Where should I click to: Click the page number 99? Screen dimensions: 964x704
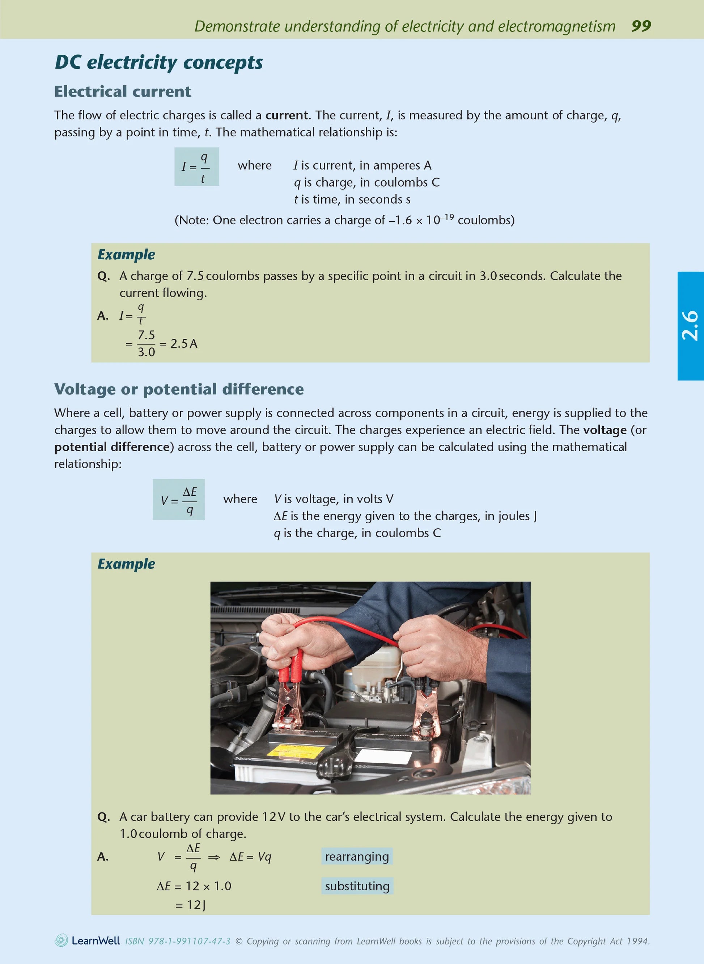[641, 26]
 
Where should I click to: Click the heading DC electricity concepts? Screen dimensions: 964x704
[158, 62]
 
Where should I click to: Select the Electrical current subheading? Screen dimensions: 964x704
[123, 91]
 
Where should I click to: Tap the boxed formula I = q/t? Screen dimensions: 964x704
[196, 167]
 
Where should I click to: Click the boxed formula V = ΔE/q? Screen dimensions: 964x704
[179, 500]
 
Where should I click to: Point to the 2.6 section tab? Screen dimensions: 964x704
[690, 326]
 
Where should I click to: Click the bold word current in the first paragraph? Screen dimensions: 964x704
[287, 115]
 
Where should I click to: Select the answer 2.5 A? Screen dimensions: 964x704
[184, 344]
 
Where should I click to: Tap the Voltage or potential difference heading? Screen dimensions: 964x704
[179, 389]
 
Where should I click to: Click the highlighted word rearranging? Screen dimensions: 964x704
[357, 857]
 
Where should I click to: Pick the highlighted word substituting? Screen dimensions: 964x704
[357, 886]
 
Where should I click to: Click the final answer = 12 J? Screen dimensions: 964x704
[191, 905]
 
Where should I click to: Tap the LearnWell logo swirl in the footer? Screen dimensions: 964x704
[62, 940]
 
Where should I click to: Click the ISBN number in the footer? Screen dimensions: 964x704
[178, 941]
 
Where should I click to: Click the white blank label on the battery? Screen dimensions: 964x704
[383, 756]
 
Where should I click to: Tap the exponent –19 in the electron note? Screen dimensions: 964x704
[447, 217]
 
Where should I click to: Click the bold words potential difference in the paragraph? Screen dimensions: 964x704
[112, 447]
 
